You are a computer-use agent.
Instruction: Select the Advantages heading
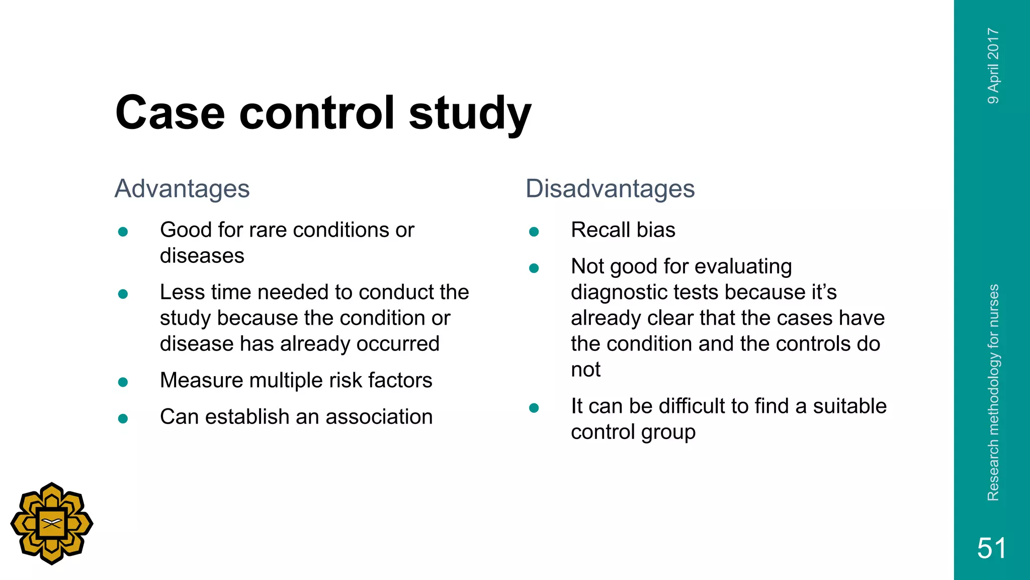(182, 189)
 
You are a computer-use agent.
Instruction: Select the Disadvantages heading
(610, 189)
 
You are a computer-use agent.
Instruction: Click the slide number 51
(991, 548)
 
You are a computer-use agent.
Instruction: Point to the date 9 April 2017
(993, 66)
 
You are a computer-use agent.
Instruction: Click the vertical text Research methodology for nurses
(993, 393)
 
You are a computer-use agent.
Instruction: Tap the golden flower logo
(52, 524)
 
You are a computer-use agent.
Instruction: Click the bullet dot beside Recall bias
(534, 232)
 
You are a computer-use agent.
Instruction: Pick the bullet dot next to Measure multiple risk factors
(123, 382)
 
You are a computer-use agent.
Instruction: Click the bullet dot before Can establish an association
(123, 418)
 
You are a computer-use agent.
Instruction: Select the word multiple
(286, 381)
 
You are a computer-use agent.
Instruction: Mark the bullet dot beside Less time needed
(123, 294)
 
